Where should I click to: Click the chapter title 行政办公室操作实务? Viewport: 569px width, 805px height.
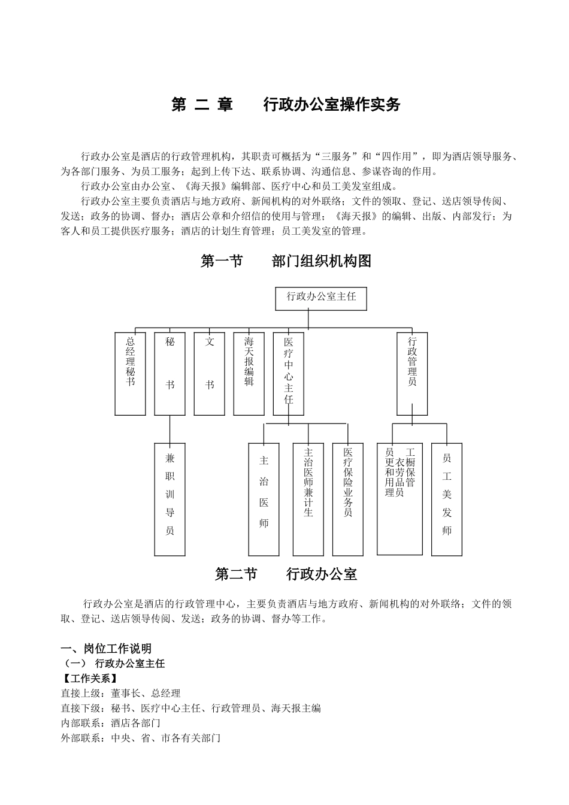(x=331, y=105)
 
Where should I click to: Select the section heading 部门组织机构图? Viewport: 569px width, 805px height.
(x=321, y=261)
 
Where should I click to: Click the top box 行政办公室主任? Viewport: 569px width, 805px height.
(x=321, y=298)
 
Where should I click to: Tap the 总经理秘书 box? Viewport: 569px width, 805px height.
(x=130, y=374)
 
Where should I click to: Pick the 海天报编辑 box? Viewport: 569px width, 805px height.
(x=249, y=374)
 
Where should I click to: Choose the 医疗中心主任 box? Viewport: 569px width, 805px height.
(x=288, y=374)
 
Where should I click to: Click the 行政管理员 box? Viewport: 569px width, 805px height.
(x=412, y=374)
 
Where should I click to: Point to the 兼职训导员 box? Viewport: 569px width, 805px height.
(x=170, y=499)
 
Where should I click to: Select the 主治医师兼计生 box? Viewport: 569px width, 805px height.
(x=308, y=499)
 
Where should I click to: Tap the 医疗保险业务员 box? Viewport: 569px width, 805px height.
(x=347, y=499)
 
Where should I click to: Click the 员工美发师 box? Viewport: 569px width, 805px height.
(x=447, y=499)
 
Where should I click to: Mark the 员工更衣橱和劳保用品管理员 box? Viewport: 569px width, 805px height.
(x=399, y=499)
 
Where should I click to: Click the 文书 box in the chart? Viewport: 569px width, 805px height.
(x=210, y=374)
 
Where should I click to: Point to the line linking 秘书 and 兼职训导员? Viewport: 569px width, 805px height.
(x=170, y=429)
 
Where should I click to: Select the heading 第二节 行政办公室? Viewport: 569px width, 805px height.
(x=286, y=574)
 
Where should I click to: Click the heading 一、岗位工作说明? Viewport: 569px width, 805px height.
(x=106, y=648)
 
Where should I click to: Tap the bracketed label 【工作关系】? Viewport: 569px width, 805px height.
(x=89, y=679)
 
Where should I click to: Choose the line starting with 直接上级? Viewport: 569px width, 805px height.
(x=120, y=694)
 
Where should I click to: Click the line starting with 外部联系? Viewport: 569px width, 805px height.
(x=141, y=738)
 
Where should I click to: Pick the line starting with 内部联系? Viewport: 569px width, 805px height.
(x=111, y=723)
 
